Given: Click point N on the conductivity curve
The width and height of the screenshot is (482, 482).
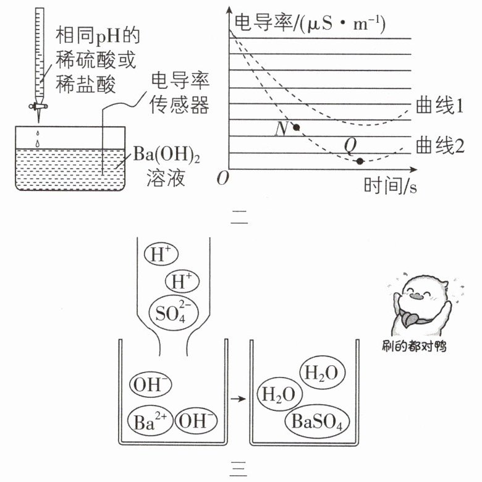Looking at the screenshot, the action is point(296,127).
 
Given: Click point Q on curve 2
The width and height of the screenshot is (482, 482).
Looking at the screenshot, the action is point(360,161).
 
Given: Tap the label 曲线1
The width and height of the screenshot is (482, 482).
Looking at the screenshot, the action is point(439,106).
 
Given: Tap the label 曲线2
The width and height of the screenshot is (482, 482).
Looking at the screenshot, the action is point(440,145).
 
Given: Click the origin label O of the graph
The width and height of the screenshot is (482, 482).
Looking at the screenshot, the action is point(223,179).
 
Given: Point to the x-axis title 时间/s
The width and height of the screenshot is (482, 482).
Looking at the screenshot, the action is point(390,185).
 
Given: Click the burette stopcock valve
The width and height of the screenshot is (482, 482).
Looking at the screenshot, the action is point(38,106).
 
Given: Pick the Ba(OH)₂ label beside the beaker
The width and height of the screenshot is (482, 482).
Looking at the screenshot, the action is point(166,154).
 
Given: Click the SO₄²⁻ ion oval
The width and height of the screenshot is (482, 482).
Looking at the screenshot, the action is point(174,313).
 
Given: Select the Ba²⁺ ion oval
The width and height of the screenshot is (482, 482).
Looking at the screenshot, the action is point(150,421).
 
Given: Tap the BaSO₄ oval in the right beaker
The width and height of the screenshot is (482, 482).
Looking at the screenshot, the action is point(317,421).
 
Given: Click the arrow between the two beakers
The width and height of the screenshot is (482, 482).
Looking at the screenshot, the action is point(239,399).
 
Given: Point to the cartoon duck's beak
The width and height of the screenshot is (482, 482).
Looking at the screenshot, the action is point(416,297).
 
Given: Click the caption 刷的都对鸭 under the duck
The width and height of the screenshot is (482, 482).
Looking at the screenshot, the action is point(414,346).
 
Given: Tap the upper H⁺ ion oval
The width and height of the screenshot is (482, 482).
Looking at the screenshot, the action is point(161,254).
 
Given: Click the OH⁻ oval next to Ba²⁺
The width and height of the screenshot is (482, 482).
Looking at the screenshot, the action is point(196,421).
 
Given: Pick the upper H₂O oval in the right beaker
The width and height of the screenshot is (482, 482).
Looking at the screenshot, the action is point(322,372).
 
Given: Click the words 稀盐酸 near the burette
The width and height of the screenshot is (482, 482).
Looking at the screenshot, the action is point(85,83).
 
